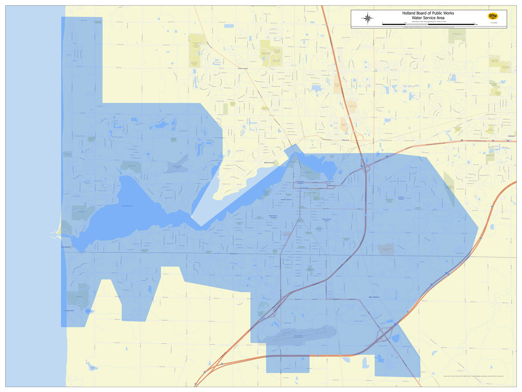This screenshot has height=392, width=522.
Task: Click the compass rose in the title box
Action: coord(368,18)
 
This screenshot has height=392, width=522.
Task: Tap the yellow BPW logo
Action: coord(493,16)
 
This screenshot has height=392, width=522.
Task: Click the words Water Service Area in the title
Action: coord(428,18)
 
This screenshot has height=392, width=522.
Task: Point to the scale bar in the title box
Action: coord(428,24)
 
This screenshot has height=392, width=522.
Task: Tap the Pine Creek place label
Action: coord(243,69)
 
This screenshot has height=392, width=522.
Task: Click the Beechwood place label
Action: coord(269,162)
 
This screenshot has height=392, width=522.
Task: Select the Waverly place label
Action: coord(345,140)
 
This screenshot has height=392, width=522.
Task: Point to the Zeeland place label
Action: coord(512,136)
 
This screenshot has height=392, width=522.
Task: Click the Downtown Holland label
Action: coord(300,182)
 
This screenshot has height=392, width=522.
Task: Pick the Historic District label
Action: coord(286,200)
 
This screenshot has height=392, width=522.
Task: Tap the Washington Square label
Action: coord(273,217)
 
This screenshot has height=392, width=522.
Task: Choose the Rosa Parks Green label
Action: coord(327,220)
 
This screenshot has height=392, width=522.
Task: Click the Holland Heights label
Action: coord(401,198)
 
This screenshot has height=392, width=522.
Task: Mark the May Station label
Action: coord(374,297)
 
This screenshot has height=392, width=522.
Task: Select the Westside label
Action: coord(233,253)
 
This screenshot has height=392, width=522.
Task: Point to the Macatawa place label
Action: coord(66,247)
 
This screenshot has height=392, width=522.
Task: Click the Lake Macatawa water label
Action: coord(127,206)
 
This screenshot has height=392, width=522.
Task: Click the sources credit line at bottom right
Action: coord(473,376)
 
